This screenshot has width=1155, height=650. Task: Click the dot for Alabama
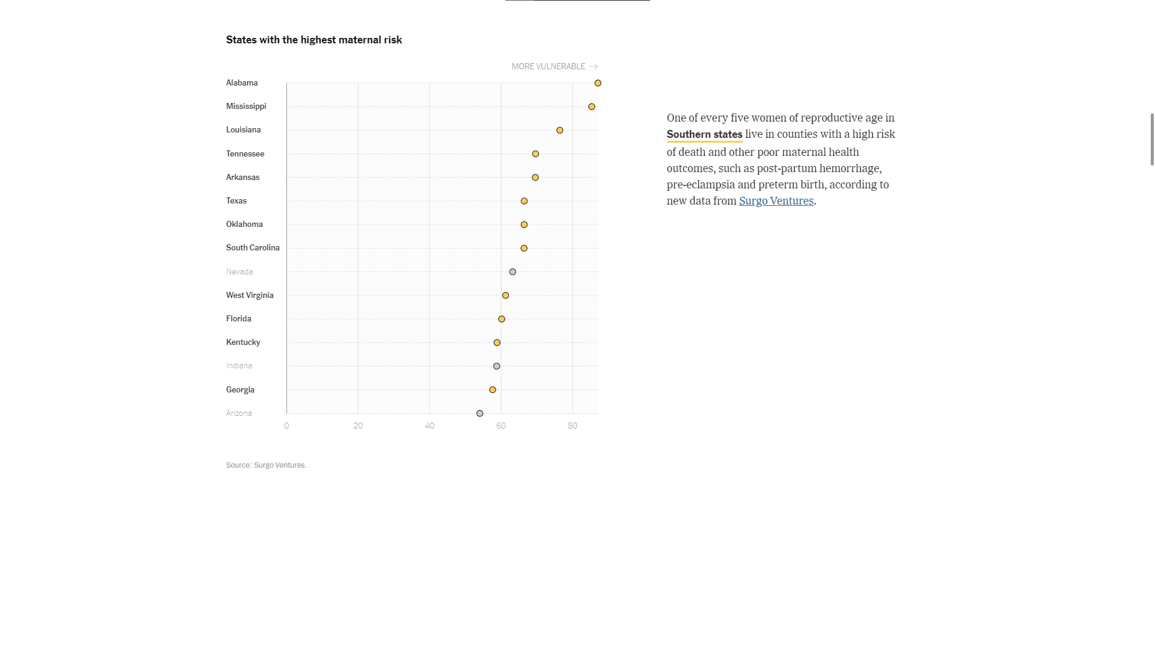coord(597,83)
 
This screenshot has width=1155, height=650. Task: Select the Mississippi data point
coord(591,107)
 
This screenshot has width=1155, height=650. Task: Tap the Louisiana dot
coord(559,130)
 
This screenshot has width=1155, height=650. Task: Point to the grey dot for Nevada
coord(513,272)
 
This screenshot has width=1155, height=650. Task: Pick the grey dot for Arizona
coord(479,413)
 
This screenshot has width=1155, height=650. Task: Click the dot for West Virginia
coord(505,296)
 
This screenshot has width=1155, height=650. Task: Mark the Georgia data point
coord(493,390)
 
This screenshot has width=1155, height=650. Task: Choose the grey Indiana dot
coord(496,366)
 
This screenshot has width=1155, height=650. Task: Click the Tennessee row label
coord(245,154)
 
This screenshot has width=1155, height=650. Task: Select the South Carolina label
coord(253,248)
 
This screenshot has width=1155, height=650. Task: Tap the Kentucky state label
coord(243,342)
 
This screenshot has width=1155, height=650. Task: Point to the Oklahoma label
coord(244,224)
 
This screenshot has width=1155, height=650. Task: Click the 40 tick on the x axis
coord(430,426)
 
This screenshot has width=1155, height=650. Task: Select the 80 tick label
coord(572,426)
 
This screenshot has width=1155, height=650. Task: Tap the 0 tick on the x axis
coord(286,426)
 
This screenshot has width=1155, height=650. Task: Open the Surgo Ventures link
coord(776,201)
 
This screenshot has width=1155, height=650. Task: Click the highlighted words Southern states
coord(704,135)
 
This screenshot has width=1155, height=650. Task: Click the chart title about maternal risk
coord(314,40)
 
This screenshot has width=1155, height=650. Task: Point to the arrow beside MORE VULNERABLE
coord(594,67)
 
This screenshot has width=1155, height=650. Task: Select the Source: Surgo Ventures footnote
coord(266,465)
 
